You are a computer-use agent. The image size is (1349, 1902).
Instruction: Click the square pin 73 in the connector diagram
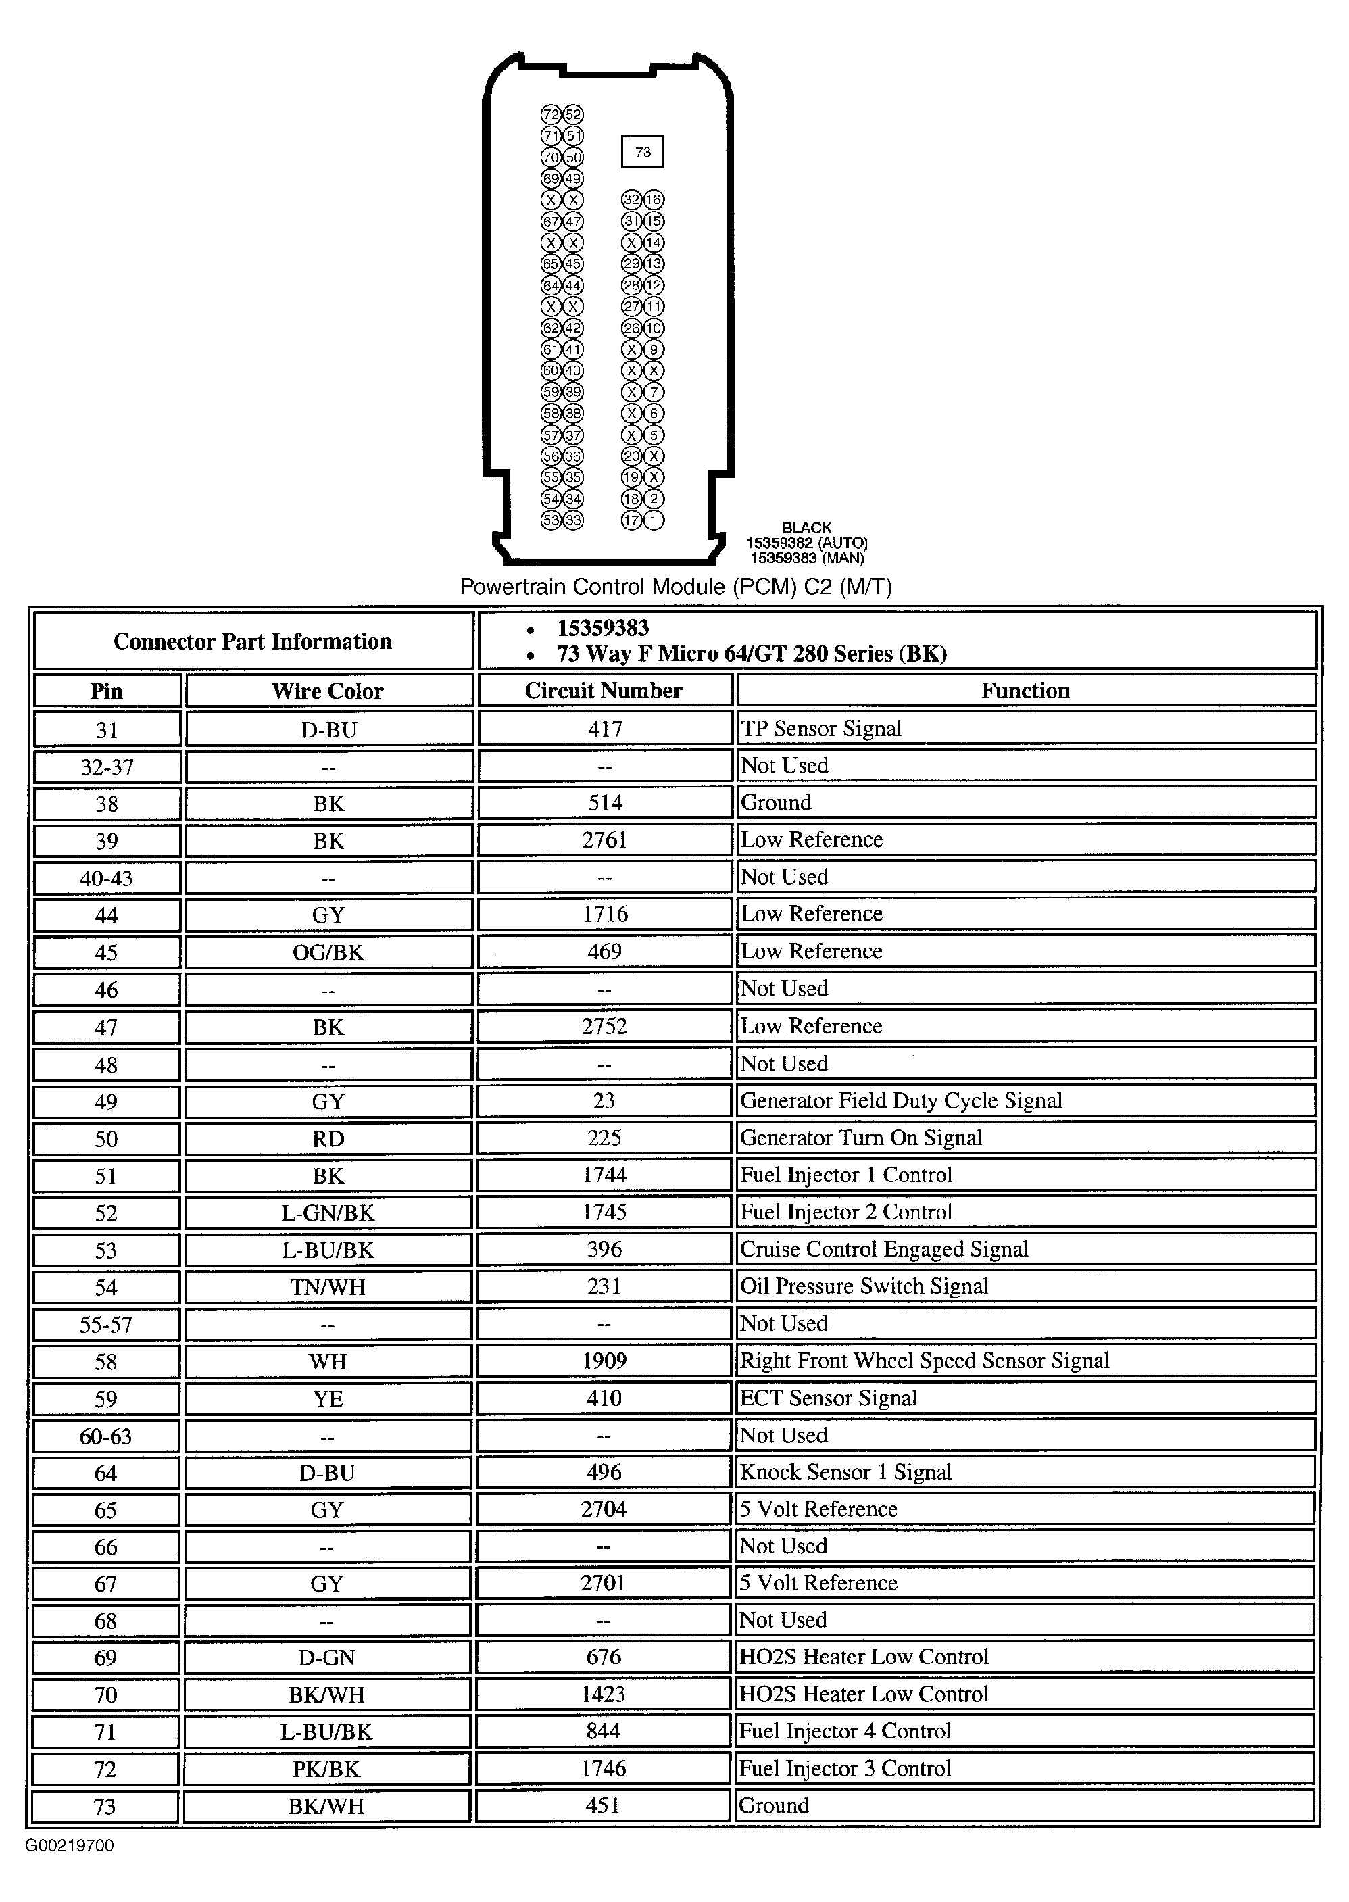[x=642, y=152]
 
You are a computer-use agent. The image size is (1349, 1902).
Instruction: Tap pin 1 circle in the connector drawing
[x=654, y=520]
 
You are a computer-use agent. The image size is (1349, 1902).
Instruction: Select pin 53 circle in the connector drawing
[x=551, y=520]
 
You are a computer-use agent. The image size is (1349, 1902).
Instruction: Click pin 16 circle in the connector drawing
[x=654, y=199]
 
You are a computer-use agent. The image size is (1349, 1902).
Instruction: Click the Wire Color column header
[x=328, y=691]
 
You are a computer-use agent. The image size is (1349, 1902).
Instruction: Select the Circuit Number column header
[x=604, y=690]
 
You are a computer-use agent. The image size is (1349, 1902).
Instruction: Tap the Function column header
[x=1026, y=690]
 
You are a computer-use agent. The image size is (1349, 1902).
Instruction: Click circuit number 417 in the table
[x=605, y=729]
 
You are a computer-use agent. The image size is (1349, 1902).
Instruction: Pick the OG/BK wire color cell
[x=328, y=952]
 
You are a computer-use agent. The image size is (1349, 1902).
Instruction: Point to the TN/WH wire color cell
[x=328, y=1286]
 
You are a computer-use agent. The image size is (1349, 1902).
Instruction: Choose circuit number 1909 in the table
[x=604, y=1361]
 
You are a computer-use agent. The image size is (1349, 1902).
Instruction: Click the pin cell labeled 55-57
[x=106, y=1324]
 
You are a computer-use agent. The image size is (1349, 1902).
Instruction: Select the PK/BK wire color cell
[x=326, y=1769]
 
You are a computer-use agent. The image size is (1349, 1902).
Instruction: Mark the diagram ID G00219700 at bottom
[x=70, y=1845]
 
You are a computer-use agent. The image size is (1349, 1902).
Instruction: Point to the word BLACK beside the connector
[x=806, y=527]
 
